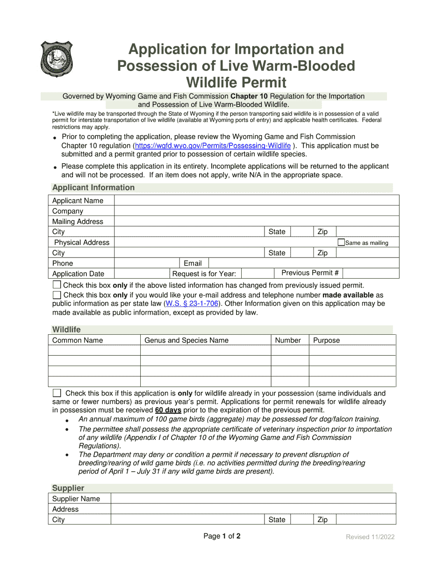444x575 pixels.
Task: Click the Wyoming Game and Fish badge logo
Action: click(56, 59)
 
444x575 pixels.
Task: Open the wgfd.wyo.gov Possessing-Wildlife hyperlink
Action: click(213, 146)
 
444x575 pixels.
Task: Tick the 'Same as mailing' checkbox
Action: click(341, 242)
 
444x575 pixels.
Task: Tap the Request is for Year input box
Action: click(257, 273)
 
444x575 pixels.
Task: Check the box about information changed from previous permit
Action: click(57, 285)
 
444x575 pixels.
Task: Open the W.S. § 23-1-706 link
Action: click(192, 303)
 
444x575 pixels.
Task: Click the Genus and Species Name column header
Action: click(186, 340)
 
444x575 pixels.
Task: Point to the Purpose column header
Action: click(326, 340)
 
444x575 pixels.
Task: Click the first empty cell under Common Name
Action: click(94, 351)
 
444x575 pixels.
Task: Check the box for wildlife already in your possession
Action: click(57, 393)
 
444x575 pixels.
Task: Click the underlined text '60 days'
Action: click(168, 410)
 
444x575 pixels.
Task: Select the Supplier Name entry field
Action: click(252, 498)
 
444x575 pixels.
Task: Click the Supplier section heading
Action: click(68, 488)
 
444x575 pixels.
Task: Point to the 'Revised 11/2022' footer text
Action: click(370, 537)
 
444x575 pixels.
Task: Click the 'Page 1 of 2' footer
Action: click(222, 536)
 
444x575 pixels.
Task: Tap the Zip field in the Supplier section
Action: click(365, 519)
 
